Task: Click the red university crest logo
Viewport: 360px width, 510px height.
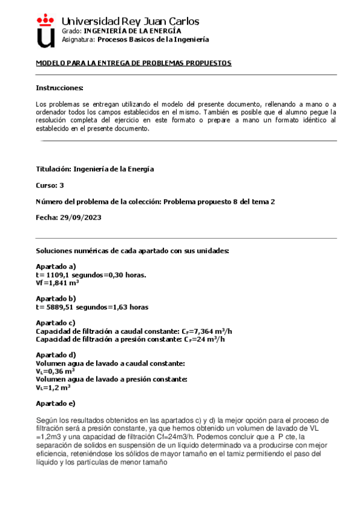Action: point(46,31)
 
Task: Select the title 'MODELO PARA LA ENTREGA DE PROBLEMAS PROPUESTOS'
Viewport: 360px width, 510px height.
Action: point(133,63)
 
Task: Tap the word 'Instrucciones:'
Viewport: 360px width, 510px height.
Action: point(59,88)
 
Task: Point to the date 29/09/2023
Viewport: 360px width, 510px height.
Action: point(81,218)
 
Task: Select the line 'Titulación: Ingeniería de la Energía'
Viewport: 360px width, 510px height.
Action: point(95,169)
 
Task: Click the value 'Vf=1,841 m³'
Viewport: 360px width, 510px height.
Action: point(58,283)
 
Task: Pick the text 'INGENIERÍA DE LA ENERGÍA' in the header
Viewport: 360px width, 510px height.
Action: point(132,31)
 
